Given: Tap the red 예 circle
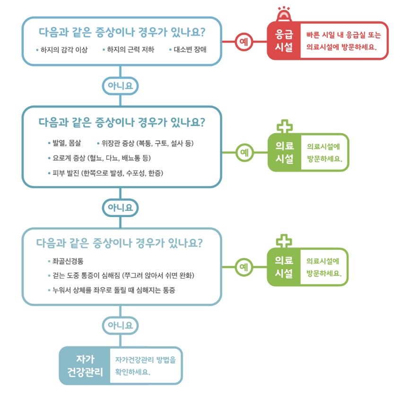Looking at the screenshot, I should [244, 41].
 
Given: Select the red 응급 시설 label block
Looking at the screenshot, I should [284, 41].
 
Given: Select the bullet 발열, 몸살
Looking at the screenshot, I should [67, 143].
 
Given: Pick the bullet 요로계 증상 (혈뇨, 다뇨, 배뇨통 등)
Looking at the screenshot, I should [102, 158].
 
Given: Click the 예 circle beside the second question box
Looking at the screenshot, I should [244, 152].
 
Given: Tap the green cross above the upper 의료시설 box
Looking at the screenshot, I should [284, 126].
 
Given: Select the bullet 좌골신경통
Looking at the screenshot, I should [68, 261].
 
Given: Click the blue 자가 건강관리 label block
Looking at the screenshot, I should [85, 365].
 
